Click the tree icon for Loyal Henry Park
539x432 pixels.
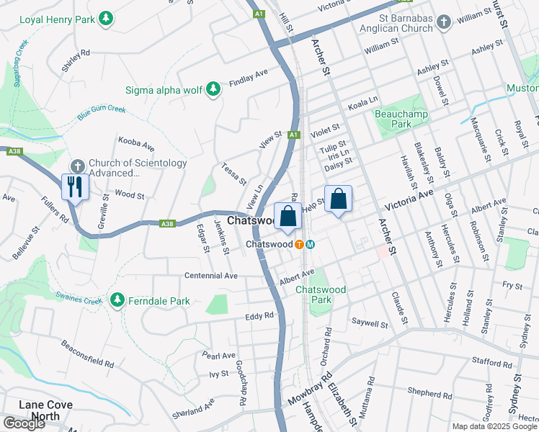[106, 17]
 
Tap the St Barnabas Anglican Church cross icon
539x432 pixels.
[444, 23]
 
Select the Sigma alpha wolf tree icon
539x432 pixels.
[213, 89]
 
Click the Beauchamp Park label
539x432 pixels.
[401, 119]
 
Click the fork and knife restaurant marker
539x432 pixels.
[76, 187]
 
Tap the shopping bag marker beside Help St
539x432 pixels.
[338, 199]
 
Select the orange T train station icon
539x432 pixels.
[298, 244]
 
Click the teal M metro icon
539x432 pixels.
[310, 244]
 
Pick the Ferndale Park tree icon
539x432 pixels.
[117, 299]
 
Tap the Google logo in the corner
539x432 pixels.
[24, 423]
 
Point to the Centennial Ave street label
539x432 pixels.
[210, 276]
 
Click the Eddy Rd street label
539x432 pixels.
[259, 315]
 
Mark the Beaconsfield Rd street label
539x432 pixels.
[87, 354]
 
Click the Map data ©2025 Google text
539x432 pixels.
[494, 426]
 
